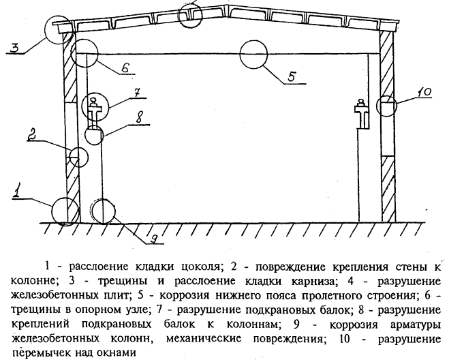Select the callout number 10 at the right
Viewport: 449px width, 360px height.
pyautogui.click(x=422, y=91)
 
